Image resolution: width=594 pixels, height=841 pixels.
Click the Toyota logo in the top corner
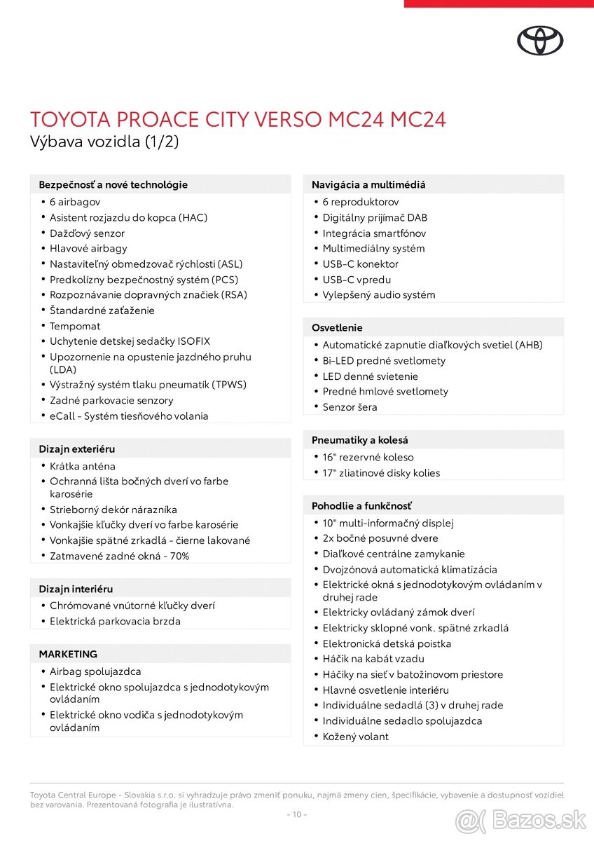tap(540, 41)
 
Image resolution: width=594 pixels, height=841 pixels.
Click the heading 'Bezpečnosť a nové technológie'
tap(113, 185)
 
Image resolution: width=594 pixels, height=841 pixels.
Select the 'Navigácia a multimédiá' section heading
tap(368, 185)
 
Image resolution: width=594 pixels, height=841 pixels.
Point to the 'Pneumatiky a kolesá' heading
tap(360, 440)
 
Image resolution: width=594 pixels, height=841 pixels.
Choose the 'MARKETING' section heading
tap(68, 654)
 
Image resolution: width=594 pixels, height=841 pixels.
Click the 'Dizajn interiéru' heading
tap(76, 589)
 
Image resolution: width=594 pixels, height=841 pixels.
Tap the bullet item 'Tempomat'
tap(75, 326)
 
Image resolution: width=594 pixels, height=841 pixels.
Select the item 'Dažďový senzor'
tap(87, 233)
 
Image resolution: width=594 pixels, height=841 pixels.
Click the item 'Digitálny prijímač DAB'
tap(375, 218)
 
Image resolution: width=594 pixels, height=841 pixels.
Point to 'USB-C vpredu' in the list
tap(357, 280)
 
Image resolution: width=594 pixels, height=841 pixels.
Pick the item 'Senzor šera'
tap(350, 407)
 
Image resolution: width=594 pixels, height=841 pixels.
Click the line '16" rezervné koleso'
tap(368, 458)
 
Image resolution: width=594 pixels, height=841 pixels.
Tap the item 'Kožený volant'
tap(355, 737)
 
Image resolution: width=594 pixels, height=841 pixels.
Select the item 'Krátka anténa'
tap(83, 466)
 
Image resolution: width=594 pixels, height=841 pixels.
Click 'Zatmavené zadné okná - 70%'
tap(119, 556)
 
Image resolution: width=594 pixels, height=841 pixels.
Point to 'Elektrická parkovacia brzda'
tap(115, 622)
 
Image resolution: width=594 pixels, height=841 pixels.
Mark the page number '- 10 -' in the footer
tap(297, 814)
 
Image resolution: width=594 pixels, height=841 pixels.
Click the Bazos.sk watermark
tap(520, 819)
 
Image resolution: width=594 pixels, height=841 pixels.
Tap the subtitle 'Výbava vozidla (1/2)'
tap(104, 141)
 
